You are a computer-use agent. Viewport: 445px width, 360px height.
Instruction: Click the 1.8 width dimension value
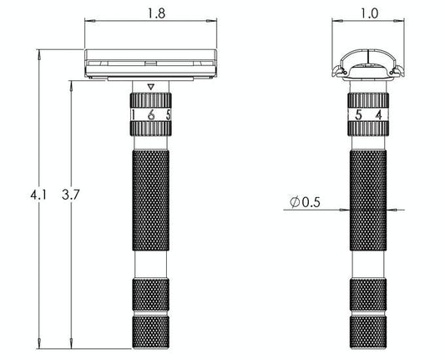click(x=151, y=14)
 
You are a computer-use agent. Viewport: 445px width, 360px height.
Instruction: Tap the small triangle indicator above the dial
click(x=150, y=87)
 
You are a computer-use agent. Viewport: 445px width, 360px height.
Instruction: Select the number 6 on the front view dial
click(x=151, y=115)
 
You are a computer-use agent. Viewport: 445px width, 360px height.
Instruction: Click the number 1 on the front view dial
click(x=134, y=115)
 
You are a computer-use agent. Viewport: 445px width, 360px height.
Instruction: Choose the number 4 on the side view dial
click(x=378, y=115)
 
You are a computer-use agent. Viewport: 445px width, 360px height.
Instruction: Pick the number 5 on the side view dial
click(x=359, y=115)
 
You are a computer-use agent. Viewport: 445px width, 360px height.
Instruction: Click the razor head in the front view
click(x=150, y=63)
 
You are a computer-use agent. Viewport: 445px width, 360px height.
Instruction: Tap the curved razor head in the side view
click(x=367, y=63)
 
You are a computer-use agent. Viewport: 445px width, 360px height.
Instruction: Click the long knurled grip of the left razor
click(x=150, y=200)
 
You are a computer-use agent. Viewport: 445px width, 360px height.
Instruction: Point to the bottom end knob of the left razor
click(x=150, y=332)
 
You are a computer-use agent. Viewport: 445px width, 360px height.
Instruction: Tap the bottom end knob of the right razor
click(x=367, y=332)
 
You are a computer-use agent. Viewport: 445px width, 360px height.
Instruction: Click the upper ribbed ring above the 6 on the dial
click(x=150, y=101)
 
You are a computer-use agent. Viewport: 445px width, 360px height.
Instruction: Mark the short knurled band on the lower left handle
click(x=150, y=294)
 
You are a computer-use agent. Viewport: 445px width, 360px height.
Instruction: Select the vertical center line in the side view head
click(x=367, y=61)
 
